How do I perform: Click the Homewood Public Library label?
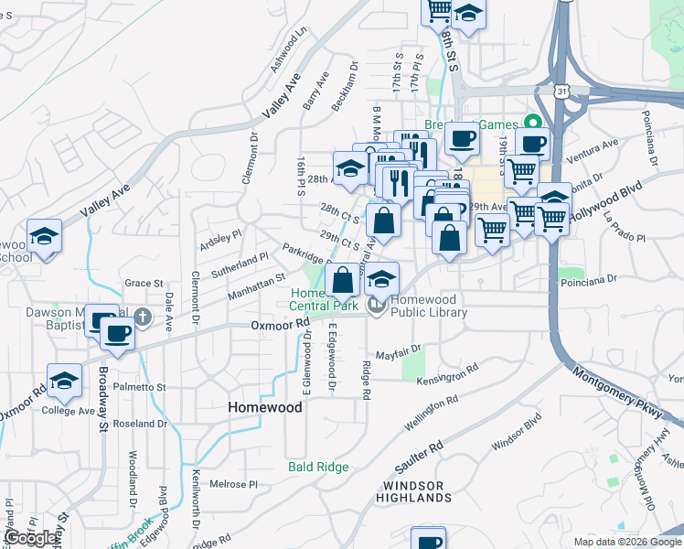429,306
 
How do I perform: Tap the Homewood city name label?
263,407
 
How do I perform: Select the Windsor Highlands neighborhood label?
417,491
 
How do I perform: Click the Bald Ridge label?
318,467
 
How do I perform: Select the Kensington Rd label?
448,375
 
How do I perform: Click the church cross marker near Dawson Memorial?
141,317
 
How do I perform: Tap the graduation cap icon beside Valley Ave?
44,238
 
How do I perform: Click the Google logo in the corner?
31,538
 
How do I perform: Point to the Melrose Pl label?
229,484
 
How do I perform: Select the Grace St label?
144,284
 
